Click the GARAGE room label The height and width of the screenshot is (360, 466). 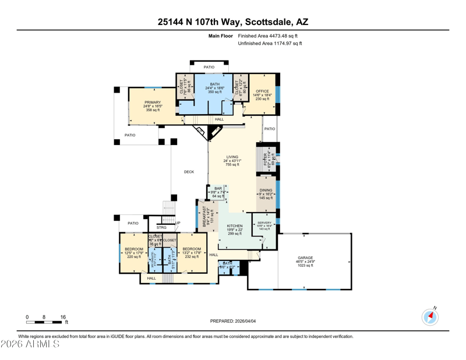(x=305, y=257)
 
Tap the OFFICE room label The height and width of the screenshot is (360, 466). (x=262, y=91)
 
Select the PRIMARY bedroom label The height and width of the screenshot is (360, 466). (x=153, y=103)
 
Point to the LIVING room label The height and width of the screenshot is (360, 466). (x=232, y=157)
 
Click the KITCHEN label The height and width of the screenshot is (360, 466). (x=235, y=226)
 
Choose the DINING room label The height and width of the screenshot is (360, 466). (x=266, y=190)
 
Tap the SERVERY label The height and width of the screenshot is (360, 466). (x=264, y=223)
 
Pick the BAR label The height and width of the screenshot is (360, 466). (x=218, y=189)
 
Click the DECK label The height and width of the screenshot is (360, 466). (x=189, y=172)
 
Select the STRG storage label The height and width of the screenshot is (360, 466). (x=162, y=228)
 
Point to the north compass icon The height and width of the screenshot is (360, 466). (x=430, y=317)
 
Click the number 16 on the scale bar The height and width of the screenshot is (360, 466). (x=62, y=317)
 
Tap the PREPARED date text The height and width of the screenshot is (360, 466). (x=232, y=321)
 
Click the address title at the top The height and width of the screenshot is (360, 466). (x=233, y=22)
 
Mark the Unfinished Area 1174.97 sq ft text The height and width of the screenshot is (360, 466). (x=270, y=44)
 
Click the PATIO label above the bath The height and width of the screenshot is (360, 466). (x=209, y=68)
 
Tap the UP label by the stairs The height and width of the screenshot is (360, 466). (x=178, y=223)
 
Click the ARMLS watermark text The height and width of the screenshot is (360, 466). (x=30, y=344)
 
